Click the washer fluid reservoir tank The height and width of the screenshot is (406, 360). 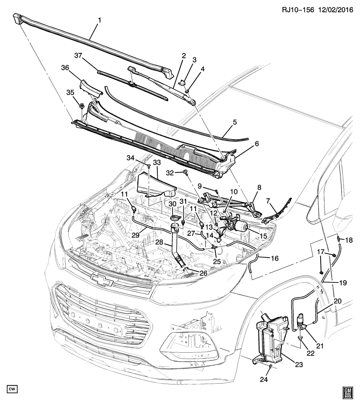click(x=271, y=338)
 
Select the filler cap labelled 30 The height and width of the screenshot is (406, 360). click(x=173, y=218)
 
